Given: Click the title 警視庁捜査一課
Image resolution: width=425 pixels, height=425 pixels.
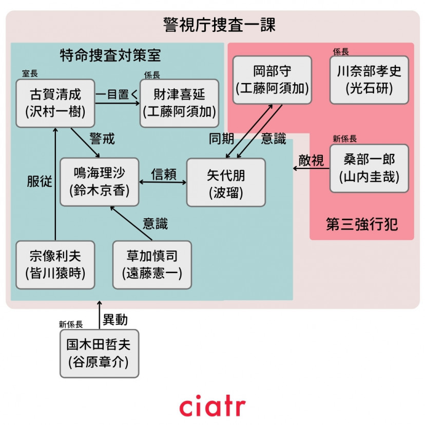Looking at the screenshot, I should click(x=212, y=25).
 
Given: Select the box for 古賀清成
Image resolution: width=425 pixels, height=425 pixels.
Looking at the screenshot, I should click(x=55, y=103).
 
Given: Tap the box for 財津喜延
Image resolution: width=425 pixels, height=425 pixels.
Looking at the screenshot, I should click(x=179, y=103).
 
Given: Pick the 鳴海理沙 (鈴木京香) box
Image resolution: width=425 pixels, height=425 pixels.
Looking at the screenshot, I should click(x=99, y=182).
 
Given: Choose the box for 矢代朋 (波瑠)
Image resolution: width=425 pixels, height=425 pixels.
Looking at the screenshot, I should click(x=226, y=182).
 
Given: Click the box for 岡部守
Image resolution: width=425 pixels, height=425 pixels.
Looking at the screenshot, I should click(x=272, y=80).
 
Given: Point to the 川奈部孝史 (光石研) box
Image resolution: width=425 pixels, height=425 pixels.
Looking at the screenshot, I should click(x=369, y=80).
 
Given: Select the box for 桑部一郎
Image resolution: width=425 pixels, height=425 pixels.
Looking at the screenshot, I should click(x=369, y=168).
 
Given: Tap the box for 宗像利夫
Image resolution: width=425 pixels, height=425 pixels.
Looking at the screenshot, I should click(x=55, y=265).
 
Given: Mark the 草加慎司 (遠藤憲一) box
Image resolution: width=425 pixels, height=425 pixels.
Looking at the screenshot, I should click(x=152, y=265).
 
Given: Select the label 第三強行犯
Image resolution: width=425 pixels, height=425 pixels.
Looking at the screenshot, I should click(x=362, y=224).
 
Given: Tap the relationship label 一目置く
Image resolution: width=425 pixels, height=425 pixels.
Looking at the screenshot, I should click(x=117, y=94).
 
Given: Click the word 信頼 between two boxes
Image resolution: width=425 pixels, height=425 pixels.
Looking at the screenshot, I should click(x=163, y=175).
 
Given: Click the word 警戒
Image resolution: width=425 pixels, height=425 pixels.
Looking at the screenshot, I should click(x=102, y=139).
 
